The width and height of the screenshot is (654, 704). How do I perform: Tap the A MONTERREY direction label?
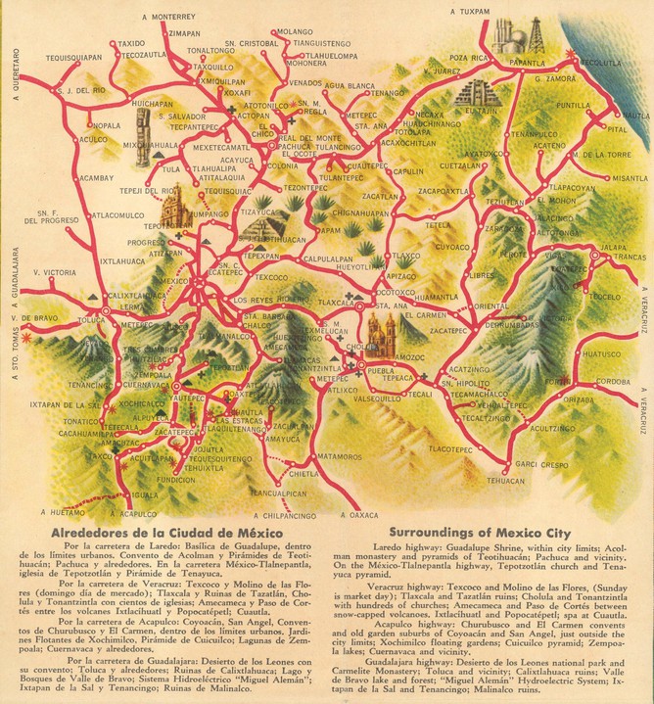168,17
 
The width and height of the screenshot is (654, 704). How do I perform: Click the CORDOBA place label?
613,381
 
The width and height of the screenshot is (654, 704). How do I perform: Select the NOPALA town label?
106,125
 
